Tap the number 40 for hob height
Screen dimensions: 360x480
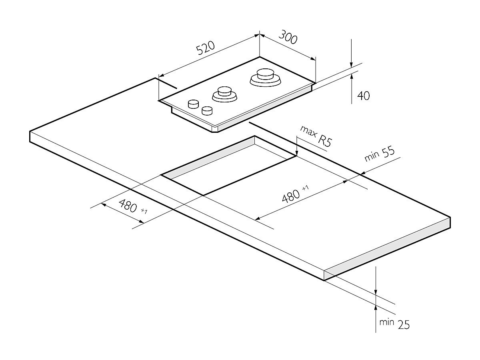(363, 96)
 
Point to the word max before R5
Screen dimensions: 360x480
(308, 132)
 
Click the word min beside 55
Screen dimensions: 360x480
(371, 157)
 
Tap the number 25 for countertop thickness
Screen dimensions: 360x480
(404, 325)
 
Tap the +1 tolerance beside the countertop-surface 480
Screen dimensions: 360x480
(306, 188)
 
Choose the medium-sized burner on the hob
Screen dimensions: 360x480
(224, 94)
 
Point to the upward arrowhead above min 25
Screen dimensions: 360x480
(376, 308)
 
